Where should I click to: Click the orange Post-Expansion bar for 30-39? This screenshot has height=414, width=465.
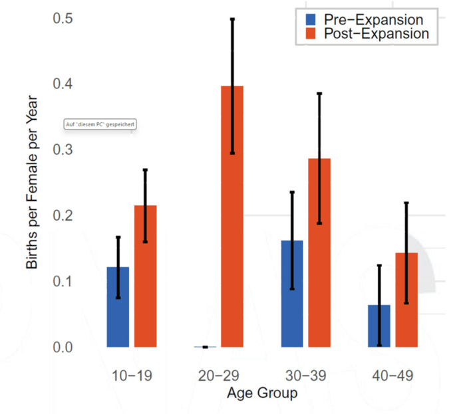[319, 253]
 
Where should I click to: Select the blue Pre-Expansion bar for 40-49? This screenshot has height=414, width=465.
[379, 326]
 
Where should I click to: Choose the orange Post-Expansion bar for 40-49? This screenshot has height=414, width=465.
[406, 299]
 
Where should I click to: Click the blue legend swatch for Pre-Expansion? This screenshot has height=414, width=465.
[311, 19]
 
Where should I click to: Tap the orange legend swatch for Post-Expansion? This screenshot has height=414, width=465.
[311, 33]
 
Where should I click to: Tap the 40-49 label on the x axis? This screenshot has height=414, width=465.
[392, 376]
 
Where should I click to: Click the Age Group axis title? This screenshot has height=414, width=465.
[261, 393]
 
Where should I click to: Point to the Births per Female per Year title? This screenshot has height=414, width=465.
[33, 183]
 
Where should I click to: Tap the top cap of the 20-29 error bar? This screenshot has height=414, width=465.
[232, 19]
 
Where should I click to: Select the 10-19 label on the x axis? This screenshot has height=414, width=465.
[132, 376]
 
